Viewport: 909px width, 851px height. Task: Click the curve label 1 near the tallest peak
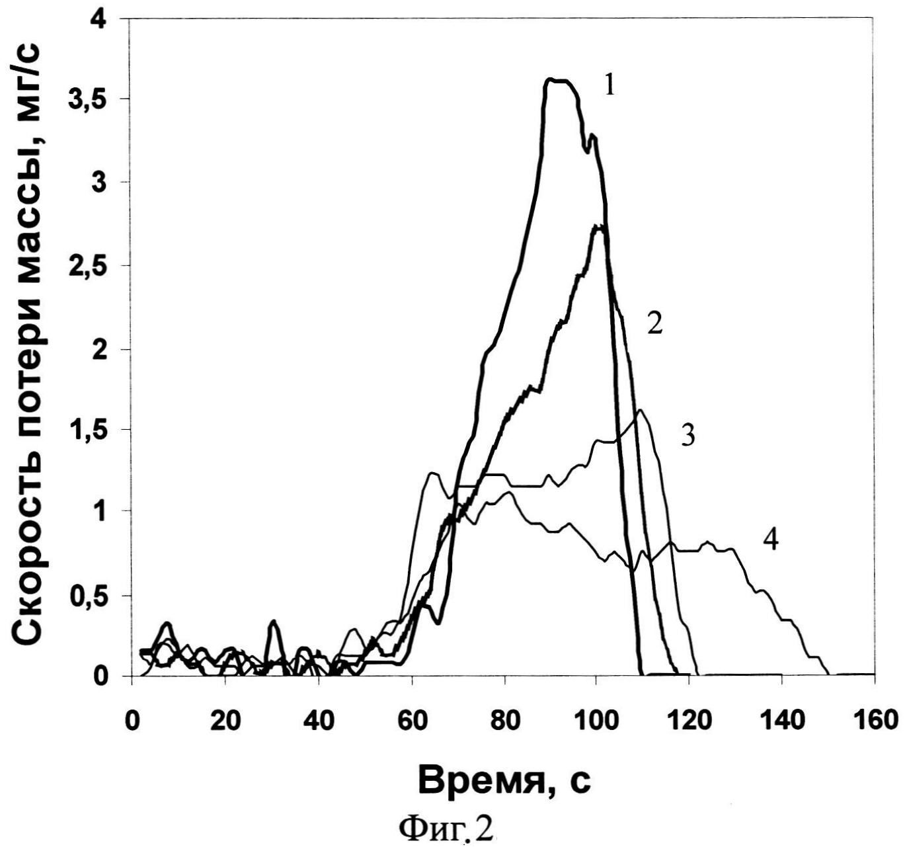(x=610, y=85)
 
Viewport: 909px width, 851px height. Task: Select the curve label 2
(x=654, y=325)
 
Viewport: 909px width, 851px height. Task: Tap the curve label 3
(x=688, y=437)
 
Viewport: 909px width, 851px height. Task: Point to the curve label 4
(x=771, y=541)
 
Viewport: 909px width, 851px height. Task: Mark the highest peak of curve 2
(x=599, y=227)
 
